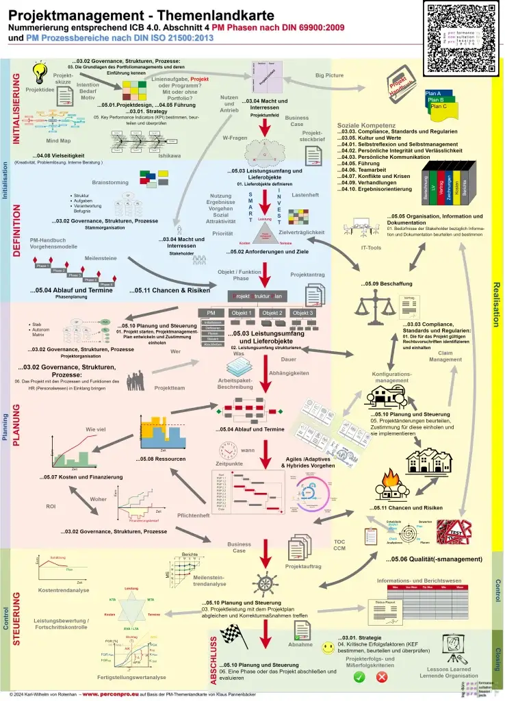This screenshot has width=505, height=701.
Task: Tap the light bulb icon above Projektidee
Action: (40, 71)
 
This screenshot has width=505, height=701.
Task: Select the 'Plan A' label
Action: (432, 93)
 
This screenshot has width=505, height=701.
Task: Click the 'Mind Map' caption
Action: (59, 140)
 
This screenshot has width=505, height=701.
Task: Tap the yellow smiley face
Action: (328, 645)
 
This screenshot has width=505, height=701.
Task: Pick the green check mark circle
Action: (360, 676)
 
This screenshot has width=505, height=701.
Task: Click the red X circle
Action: (383, 676)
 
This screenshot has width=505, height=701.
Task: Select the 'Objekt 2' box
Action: (272, 313)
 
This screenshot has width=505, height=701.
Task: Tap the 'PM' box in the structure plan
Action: (211, 313)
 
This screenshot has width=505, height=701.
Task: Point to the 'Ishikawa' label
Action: (170, 155)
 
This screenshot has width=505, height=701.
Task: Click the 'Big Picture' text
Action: (329, 75)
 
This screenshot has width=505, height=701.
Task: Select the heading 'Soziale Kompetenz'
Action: (366, 126)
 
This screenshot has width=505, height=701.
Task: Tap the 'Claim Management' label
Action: (445, 356)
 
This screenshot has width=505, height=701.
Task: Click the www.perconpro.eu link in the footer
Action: (114, 694)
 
